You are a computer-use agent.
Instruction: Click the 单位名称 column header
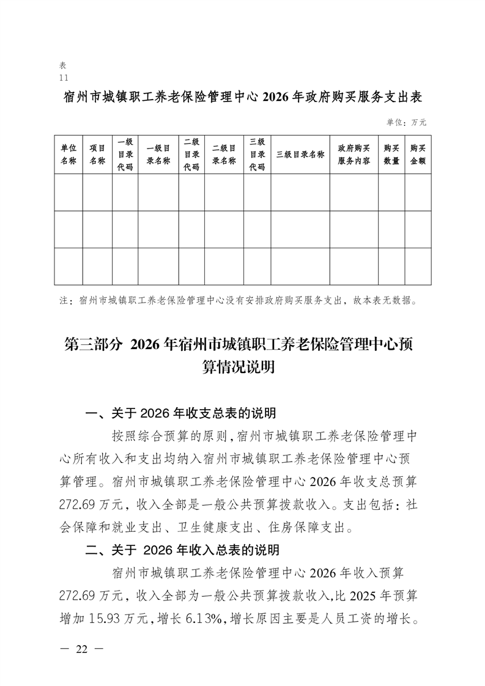coord(68,155)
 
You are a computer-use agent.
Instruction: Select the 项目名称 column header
coord(97,155)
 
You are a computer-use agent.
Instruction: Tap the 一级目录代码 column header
coord(125,155)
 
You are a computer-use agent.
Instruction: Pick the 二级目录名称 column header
coord(224,155)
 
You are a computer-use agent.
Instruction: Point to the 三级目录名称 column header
coord(300,155)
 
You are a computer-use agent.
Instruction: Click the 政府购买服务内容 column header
coord(354,155)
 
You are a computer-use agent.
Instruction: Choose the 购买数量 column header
coord(391,155)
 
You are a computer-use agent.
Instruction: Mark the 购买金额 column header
coord(418,155)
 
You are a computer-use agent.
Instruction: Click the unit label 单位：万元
coord(406,123)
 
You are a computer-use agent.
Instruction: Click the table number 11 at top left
coord(64,78)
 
